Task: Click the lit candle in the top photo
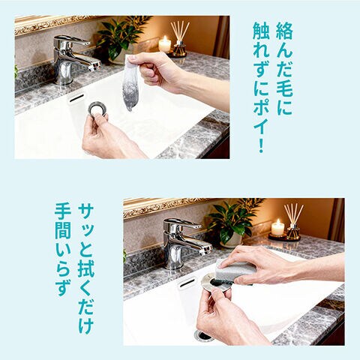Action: pyautogui.click(x=165, y=44)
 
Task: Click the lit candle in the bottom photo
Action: pyautogui.click(x=277, y=228)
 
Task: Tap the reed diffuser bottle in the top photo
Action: pyautogui.click(x=180, y=48)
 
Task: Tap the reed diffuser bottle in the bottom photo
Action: pyautogui.click(x=293, y=232)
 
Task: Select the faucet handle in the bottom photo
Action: pyautogui.click(x=181, y=223)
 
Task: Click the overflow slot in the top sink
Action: pyautogui.click(x=76, y=97)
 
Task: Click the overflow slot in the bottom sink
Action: pyautogui.click(x=187, y=283)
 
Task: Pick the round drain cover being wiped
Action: pyautogui.click(x=215, y=282)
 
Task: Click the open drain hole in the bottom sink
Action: pyautogui.click(x=204, y=335)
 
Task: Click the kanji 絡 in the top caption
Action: pyautogui.click(x=284, y=31)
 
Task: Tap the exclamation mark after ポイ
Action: pyautogui.click(x=261, y=143)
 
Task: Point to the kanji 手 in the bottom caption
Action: pyautogui.click(x=63, y=212)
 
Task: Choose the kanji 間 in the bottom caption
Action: pyautogui.click(x=63, y=231)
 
